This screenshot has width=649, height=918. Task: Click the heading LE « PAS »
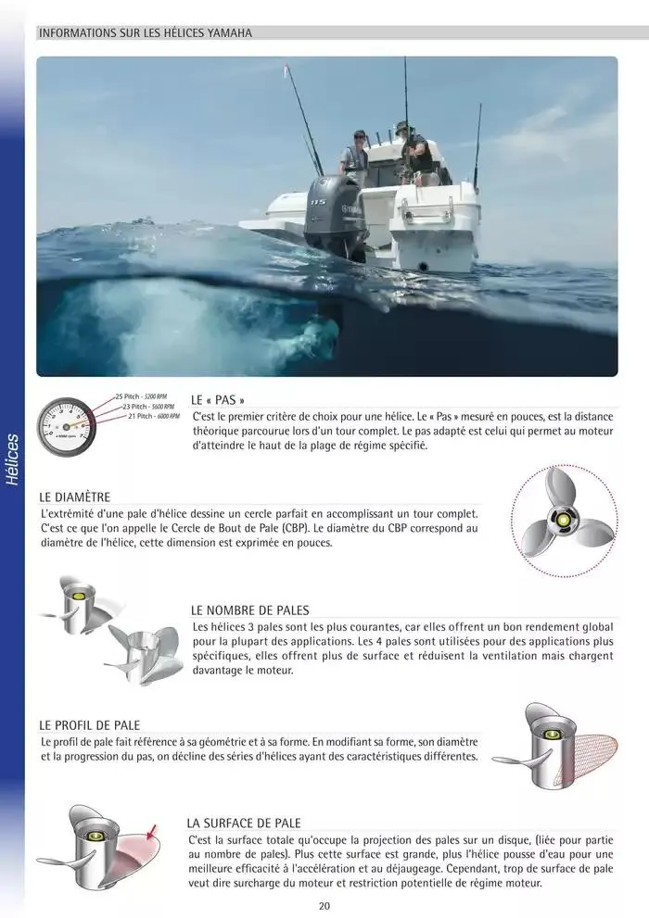click(218, 400)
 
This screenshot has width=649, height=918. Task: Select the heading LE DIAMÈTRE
click(75, 497)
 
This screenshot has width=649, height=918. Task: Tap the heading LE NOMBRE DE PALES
click(249, 610)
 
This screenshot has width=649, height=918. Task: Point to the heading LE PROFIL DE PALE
click(90, 724)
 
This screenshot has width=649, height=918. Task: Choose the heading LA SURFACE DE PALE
click(244, 823)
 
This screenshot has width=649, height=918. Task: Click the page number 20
click(324, 906)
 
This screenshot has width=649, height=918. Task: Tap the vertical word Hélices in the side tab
click(12, 459)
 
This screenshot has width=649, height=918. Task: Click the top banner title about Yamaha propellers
click(145, 33)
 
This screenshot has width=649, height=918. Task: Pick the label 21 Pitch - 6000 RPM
click(154, 416)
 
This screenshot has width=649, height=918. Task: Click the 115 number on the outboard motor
click(319, 201)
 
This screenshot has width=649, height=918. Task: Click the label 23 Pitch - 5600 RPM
click(148, 407)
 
